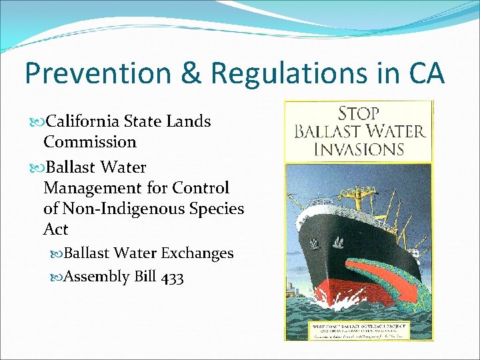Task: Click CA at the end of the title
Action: pos(424,74)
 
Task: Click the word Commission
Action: pos(90,142)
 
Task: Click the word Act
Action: pos(56,229)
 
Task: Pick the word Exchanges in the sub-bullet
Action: pos(199,253)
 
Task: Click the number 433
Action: pos(172,276)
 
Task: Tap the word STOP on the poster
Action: pos(359,113)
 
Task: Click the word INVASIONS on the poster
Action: pos(359,148)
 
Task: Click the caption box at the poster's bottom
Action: pos(359,331)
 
